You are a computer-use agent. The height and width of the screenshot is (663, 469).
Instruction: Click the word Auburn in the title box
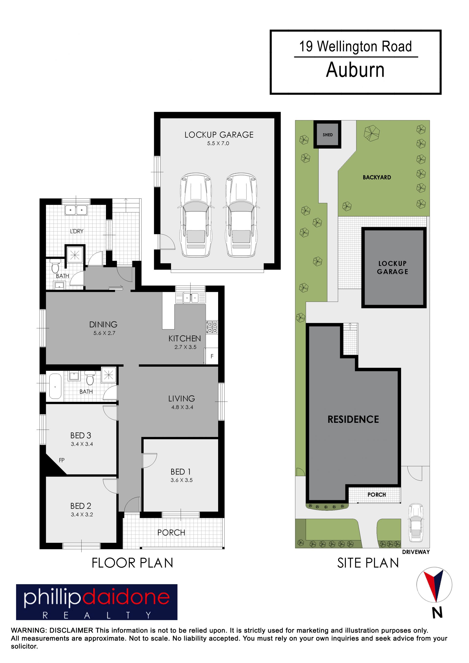tap(355, 70)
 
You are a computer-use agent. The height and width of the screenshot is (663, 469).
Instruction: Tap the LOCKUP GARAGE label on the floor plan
tap(219, 135)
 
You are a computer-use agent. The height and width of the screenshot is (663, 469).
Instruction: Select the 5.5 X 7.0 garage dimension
tap(218, 143)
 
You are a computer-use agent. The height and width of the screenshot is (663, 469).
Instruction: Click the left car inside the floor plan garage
tap(195, 215)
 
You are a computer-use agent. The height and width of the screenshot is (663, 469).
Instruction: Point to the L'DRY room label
tap(76, 231)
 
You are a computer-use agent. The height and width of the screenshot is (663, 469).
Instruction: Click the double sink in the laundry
tap(76, 210)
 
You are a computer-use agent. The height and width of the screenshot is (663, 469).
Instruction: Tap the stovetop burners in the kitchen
tap(212, 327)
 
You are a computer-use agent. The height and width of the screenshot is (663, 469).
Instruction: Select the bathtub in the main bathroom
tap(55, 386)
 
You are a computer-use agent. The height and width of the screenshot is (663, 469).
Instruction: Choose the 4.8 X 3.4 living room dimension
tap(182, 407)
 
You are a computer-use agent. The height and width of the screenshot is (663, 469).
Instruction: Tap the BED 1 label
tap(181, 472)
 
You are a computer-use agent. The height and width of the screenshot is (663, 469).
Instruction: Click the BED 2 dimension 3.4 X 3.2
tap(82, 514)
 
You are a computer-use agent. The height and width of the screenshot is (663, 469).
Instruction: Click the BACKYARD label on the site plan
tap(377, 177)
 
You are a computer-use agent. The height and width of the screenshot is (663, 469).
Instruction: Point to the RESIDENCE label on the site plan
tap(353, 419)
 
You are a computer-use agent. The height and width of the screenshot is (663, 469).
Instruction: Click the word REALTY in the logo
tap(97, 615)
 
